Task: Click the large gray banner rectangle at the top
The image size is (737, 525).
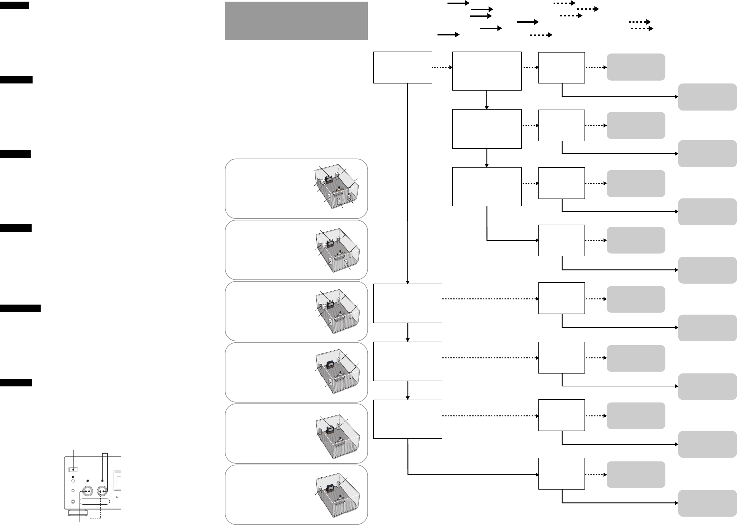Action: pos(296,21)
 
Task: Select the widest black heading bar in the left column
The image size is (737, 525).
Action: pos(20,308)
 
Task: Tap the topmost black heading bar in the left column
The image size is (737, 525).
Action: pos(14,5)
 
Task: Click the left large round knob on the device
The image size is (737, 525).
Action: pos(87,491)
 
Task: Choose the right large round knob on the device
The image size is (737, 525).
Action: pos(102,491)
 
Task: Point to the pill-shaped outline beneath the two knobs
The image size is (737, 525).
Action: pos(94,502)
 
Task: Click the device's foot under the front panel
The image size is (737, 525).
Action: pos(77,513)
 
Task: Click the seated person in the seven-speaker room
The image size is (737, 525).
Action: pos(339,188)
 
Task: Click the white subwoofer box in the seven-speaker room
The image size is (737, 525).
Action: pos(324,183)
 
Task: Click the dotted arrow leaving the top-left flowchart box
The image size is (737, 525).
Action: pos(442,68)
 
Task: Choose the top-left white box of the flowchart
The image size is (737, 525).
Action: pos(403,68)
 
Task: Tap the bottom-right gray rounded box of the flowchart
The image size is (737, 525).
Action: pos(707,503)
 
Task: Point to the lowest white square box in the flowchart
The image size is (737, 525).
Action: pos(561,474)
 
